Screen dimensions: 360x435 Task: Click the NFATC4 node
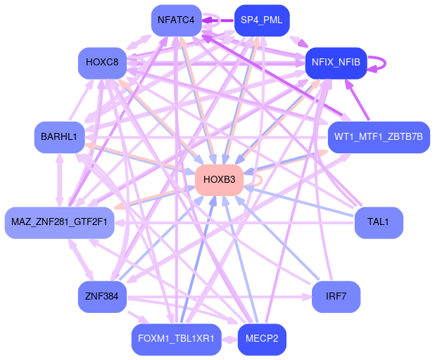177,20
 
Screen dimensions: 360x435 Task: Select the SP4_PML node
261,20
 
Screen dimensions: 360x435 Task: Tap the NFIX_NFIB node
336,63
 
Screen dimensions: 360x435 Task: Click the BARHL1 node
58,136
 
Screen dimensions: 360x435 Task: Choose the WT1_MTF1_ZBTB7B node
379,136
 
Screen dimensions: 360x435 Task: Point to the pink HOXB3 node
219,179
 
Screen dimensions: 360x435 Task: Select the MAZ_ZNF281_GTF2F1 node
59,222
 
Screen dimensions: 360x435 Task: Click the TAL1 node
378,222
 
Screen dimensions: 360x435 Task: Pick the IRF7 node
336,296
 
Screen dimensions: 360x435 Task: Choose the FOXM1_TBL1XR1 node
177,339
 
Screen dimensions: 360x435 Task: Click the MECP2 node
262,339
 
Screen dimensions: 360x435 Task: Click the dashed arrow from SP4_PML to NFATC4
218,20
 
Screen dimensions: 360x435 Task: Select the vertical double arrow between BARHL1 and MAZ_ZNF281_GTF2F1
59,179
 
